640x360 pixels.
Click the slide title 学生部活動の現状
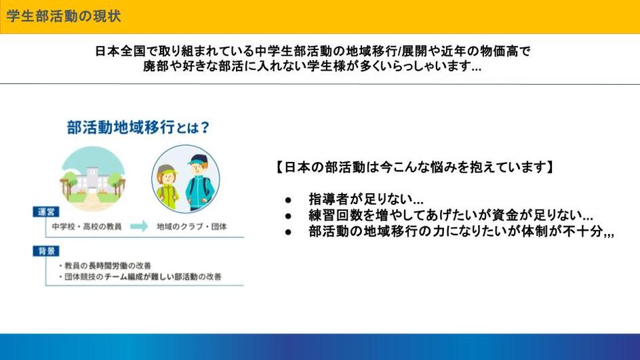[64, 16]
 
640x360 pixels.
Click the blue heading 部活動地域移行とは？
[138, 127]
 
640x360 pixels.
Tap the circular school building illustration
[93, 179]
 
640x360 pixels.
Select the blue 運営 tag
[46, 212]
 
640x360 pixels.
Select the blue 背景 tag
[46, 251]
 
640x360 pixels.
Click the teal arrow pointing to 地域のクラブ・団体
[139, 226]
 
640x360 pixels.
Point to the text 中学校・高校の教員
[87, 226]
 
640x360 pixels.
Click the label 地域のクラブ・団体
[191, 226]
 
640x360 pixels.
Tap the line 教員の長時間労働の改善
[105, 266]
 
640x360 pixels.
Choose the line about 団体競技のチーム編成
[140, 277]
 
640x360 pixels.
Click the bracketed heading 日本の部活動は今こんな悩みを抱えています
[414, 167]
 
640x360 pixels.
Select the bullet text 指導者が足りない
[365, 199]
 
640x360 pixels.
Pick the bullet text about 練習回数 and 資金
[451, 215]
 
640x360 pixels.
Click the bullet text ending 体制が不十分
[461, 231]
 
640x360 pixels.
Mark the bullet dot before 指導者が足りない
[289, 200]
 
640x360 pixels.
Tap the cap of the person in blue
[199, 159]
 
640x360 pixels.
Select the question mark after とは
[205, 127]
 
